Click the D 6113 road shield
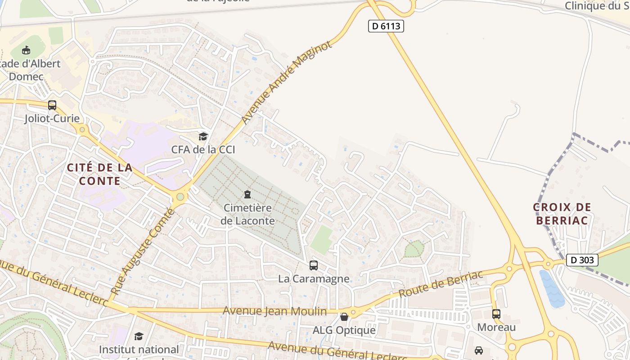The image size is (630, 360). pos(386,26)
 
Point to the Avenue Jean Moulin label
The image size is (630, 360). pos(274,311)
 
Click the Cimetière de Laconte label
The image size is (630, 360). pos(247,214)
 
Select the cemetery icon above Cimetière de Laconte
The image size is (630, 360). pos(247,194)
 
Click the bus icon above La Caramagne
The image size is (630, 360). pos(314,265)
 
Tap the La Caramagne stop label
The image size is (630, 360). pos(314,279)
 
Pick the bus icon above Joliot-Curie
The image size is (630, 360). pos(52,105)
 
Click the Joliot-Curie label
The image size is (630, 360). pos(52,118)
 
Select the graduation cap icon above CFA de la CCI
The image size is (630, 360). pos(203,136)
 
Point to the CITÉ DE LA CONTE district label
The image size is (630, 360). pos(99,174)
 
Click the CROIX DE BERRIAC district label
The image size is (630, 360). pos(562,214)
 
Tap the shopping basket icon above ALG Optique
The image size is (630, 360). pos(344,317)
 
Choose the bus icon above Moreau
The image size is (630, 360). pos(496,314)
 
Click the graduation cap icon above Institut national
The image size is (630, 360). pos(139,336)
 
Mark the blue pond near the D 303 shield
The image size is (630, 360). pos(551,288)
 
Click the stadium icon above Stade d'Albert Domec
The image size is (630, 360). pos(26,50)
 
